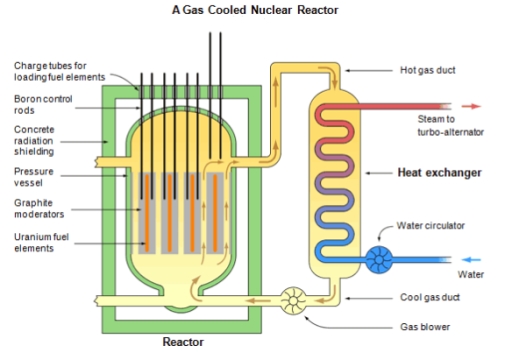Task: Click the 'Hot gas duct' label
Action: click(428, 70)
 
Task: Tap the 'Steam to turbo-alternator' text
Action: click(450, 125)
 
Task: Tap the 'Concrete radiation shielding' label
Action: click(41, 141)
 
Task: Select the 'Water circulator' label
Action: click(431, 226)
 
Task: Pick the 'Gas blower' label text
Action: click(424, 327)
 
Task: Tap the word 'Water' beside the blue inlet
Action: click(470, 274)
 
